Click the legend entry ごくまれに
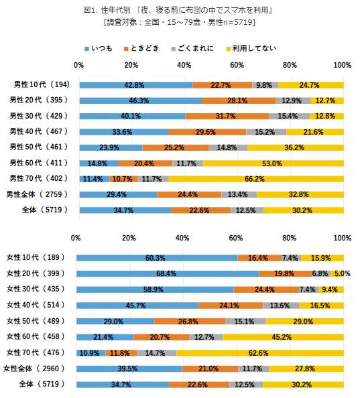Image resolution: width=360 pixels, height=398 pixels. pos(195,48)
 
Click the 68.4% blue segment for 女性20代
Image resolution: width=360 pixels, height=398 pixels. pos(167,273)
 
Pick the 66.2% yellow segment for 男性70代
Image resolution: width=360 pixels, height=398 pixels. pos(253,179)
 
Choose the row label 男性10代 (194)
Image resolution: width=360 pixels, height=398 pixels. pos(42,84)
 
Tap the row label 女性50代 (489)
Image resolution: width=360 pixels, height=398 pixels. pos(42,321)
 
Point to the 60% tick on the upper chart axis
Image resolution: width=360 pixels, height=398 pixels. pos(237,65)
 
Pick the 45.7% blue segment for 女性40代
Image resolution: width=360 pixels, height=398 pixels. pos(137,306)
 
